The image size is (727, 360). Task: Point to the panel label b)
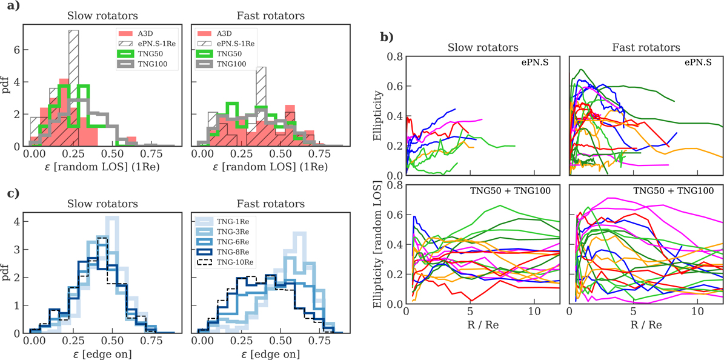(x=386, y=36)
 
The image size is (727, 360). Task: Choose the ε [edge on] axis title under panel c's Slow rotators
(x=102, y=352)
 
